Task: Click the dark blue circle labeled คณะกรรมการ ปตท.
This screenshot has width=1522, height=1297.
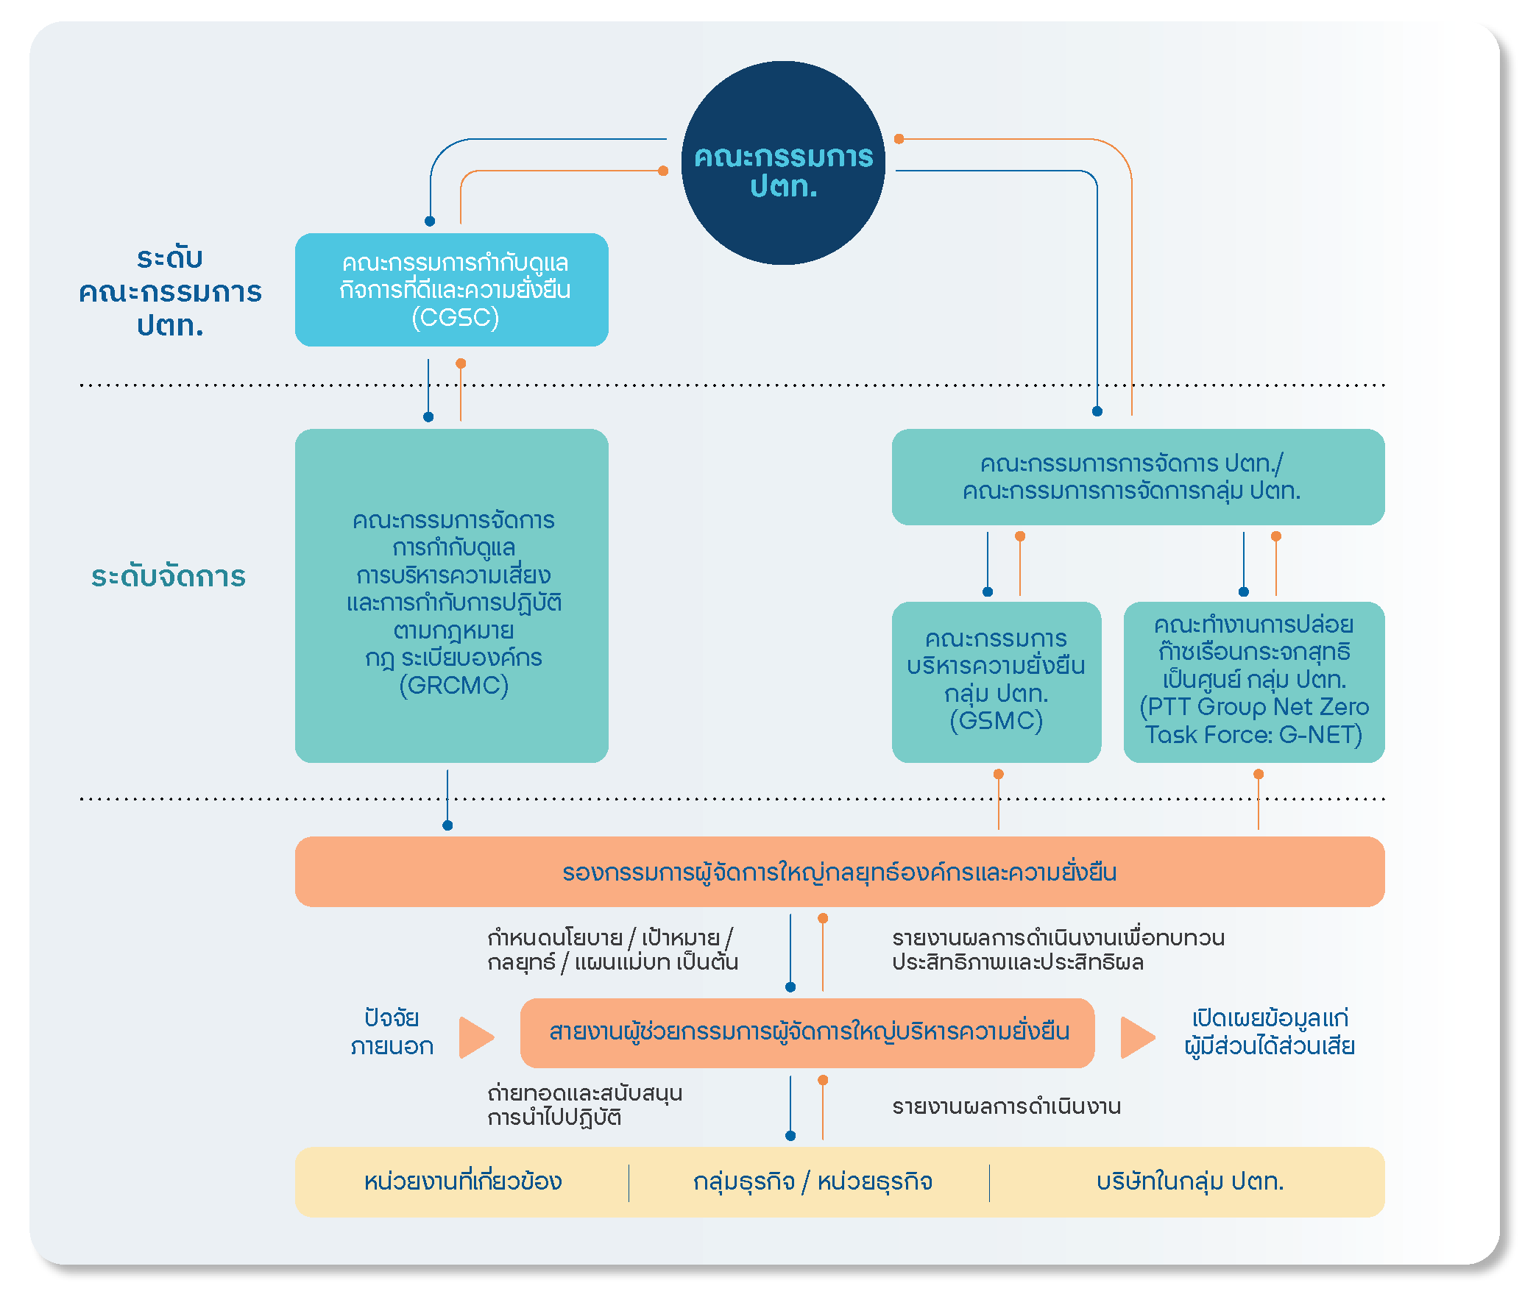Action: point(783,163)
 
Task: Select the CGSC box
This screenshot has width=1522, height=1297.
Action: point(451,290)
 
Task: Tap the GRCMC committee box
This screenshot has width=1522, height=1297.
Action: point(451,595)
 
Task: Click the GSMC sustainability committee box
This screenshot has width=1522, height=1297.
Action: point(996,682)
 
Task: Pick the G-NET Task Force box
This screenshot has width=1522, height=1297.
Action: point(1253,682)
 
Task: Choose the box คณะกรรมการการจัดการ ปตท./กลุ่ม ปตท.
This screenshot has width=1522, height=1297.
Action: point(1138,477)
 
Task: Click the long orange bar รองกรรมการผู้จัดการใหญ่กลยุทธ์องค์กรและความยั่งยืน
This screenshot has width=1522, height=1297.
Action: point(840,872)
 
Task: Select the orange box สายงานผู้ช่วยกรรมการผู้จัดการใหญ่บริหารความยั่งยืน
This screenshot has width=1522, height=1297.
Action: point(807,1033)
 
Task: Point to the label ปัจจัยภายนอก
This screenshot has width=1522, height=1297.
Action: point(392,1032)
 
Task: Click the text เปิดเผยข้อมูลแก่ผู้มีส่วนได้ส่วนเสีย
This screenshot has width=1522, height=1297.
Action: point(1270,1032)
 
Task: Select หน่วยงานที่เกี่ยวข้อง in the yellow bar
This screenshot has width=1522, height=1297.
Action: point(463,1181)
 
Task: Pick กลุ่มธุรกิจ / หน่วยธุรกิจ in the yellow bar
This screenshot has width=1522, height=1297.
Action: point(813,1181)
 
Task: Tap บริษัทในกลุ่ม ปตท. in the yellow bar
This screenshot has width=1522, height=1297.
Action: point(1190,1181)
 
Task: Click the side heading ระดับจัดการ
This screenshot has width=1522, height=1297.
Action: point(169,576)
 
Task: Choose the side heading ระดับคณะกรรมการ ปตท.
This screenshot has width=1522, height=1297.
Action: point(170,291)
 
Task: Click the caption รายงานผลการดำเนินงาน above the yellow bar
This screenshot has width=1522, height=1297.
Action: point(1006,1106)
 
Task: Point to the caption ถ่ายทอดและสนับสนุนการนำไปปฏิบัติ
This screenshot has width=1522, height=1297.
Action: point(584,1105)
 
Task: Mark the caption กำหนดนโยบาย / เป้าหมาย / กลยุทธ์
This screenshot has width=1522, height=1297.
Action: point(612,950)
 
